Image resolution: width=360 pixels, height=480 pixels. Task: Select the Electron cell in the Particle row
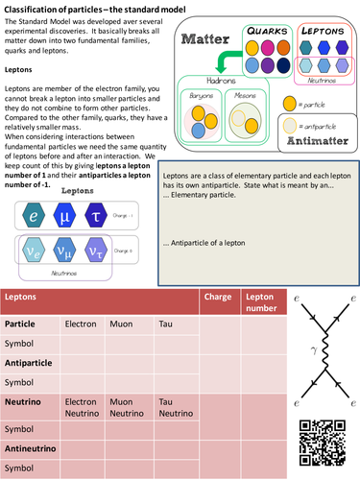coord(80,324)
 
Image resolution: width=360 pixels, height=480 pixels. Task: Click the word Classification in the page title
coord(32,8)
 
